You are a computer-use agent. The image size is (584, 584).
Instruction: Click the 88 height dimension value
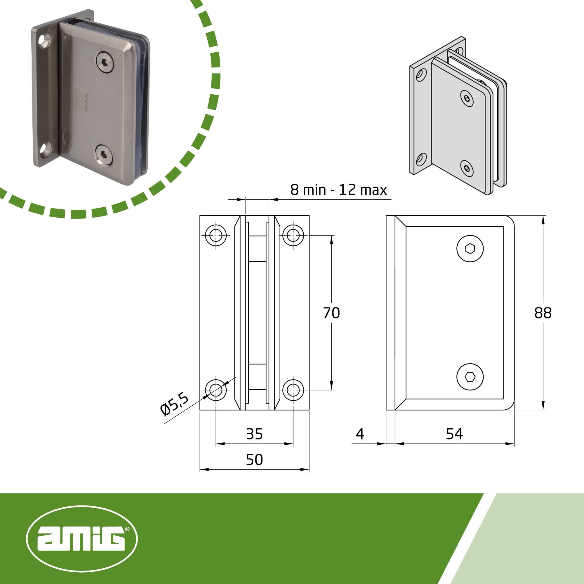coord(543,313)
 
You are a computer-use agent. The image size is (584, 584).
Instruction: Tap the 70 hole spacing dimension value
coord(332,313)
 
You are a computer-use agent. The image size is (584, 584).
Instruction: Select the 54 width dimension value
coord(454,434)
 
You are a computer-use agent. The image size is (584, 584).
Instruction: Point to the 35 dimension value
coord(255,434)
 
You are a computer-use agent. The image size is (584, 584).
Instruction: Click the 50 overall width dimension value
coord(255,460)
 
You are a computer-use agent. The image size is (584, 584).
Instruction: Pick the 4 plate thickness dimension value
coord(360,434)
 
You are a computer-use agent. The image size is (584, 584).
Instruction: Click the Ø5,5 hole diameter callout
coord(174,404)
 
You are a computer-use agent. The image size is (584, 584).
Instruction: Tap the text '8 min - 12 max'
coord(338,190)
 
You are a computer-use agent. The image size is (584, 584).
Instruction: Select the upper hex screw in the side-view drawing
coord(470,249)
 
